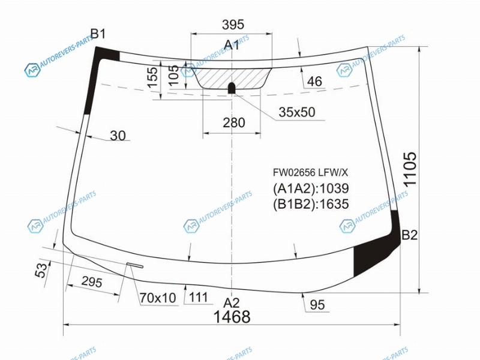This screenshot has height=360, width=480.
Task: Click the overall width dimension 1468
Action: (x=232, y=317)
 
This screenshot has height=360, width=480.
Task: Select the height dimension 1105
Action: (x=410, y=169)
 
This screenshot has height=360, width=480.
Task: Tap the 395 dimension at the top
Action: (x=233, y=25)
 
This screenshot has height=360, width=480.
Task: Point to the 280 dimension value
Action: (x=234, y=123)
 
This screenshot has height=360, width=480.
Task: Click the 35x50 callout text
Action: (x=296, y=112)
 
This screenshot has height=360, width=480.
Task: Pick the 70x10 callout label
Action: (x=158, y=298)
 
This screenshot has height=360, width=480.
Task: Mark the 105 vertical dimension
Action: (x=173, y=75)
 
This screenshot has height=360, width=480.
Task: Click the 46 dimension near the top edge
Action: (x=314, y=82)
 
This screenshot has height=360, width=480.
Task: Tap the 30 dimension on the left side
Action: (x=118, y=136)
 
